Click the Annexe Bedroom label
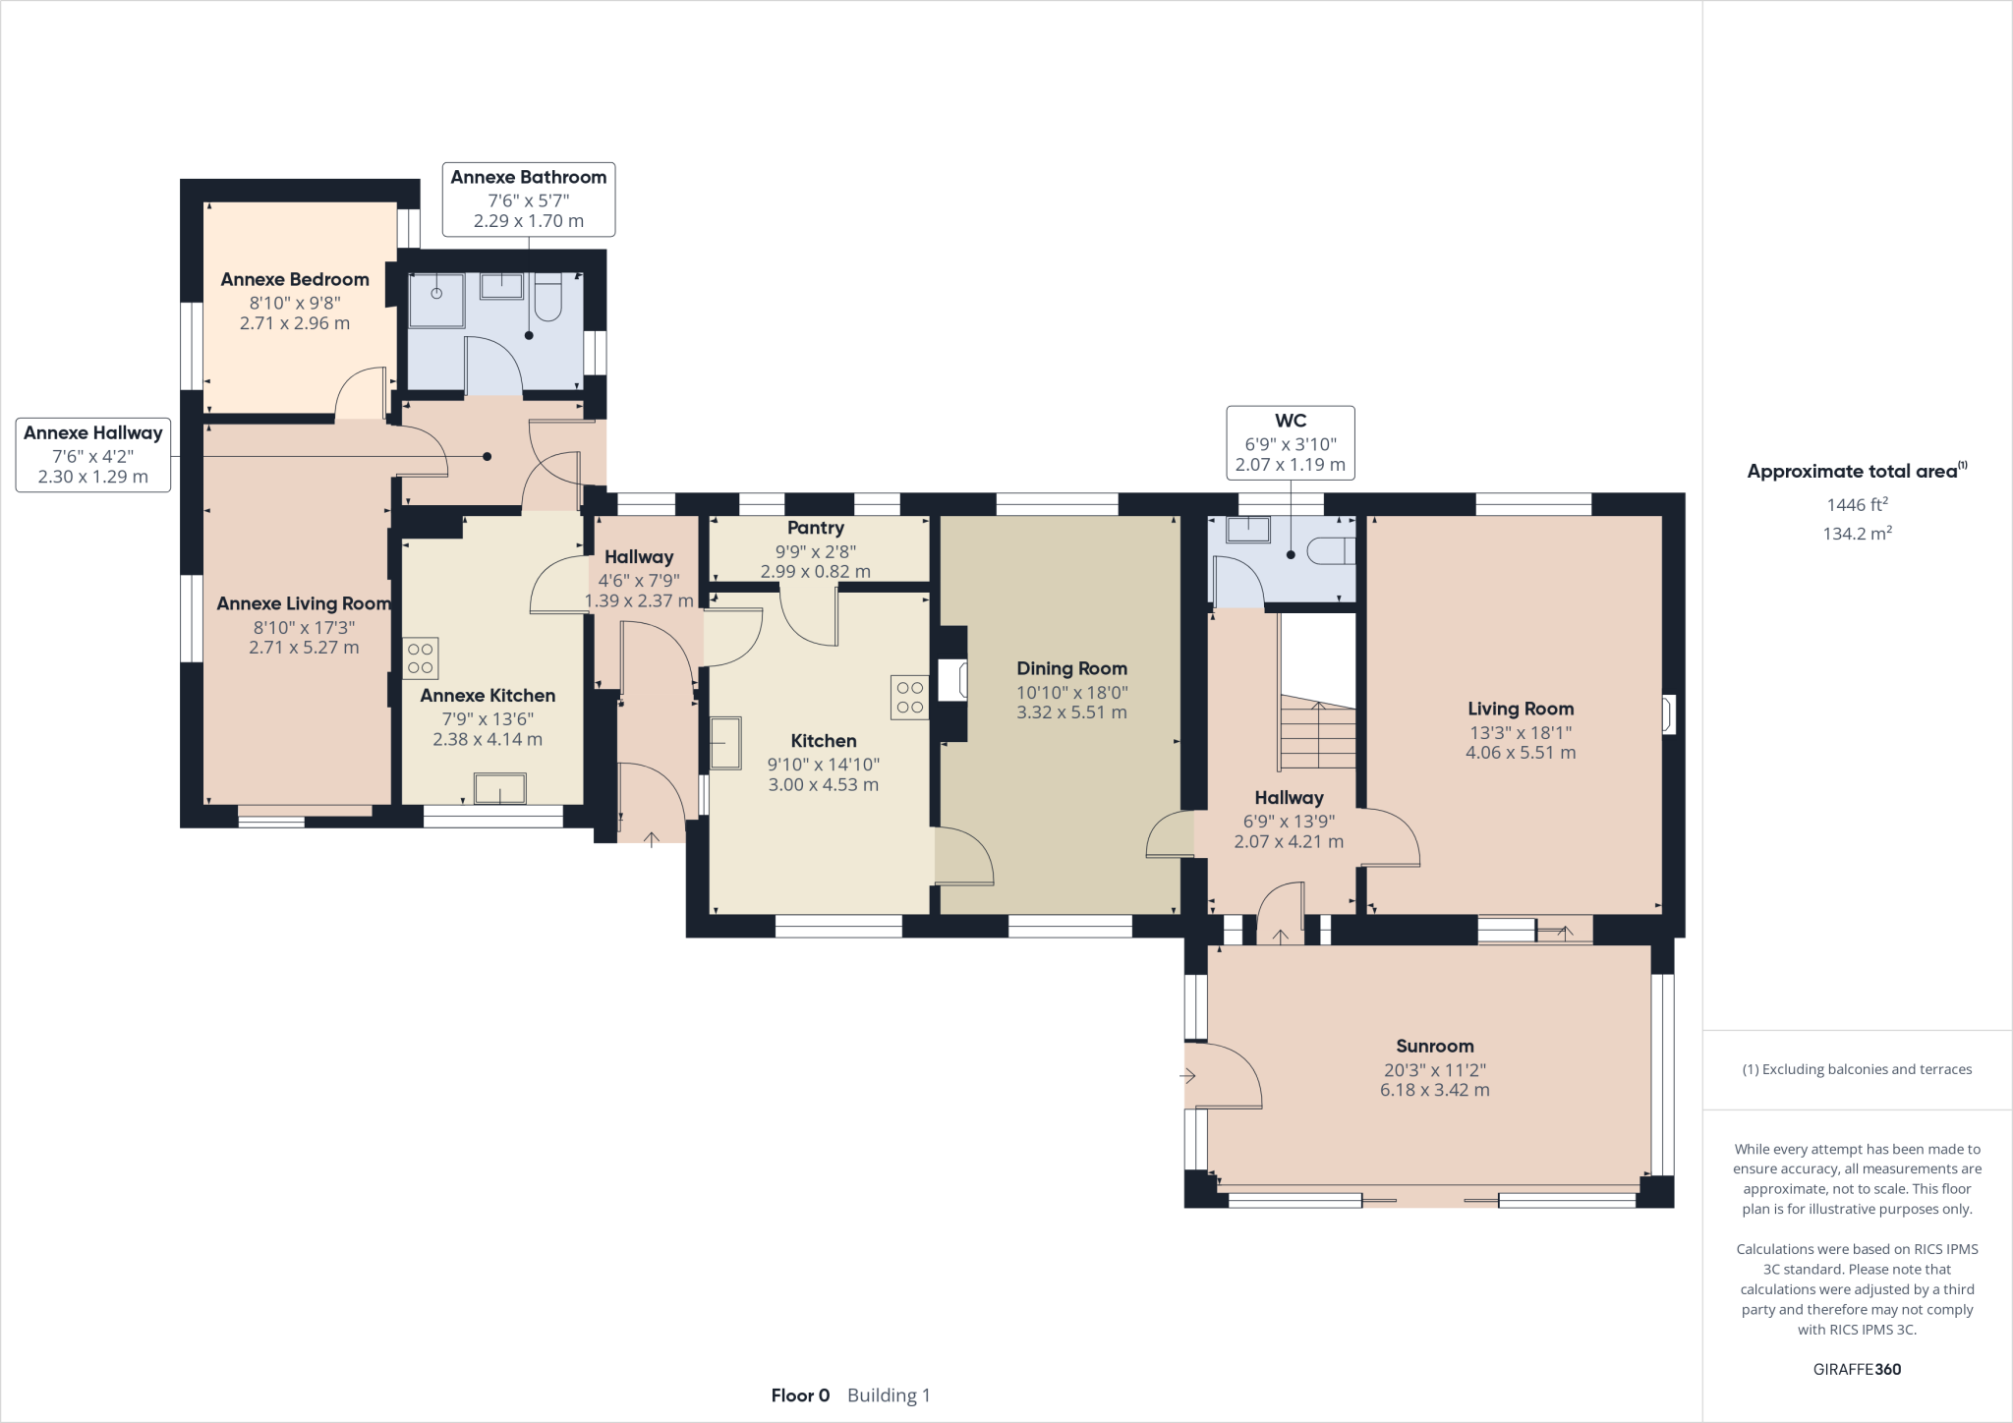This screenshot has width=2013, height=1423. [x=295, y=279]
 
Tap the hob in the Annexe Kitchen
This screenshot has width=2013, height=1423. [x=420, y=658]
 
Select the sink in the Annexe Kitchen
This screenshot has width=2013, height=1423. [x=499, y=788]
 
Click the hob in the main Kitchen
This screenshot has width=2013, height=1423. [x=909, y=697]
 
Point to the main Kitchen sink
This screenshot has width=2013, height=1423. [x=725, y=743]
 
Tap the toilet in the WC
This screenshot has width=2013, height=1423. [x=1332, y=551]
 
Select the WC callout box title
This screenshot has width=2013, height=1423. [x=1290, y=421]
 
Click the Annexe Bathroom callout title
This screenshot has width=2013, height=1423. [x=529, y=177]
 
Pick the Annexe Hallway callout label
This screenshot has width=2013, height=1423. [x=93, y=432]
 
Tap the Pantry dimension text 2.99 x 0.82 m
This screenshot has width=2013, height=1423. [x=815, y=571]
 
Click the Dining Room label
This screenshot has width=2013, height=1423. [x=1071, y=668]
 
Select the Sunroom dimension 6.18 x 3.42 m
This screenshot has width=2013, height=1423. [x=1434, y=1090]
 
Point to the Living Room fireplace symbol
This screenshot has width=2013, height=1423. [x=1668, y=714]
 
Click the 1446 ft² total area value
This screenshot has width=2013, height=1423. [x=1857, y=504]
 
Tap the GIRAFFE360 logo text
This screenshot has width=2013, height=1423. [x=1857, y=1369]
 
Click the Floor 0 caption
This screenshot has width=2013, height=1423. [x=800, y=1395]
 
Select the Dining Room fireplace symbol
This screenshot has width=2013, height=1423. [x=951, y=680]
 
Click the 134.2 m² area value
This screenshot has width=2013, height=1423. [x=1857, y=534]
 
